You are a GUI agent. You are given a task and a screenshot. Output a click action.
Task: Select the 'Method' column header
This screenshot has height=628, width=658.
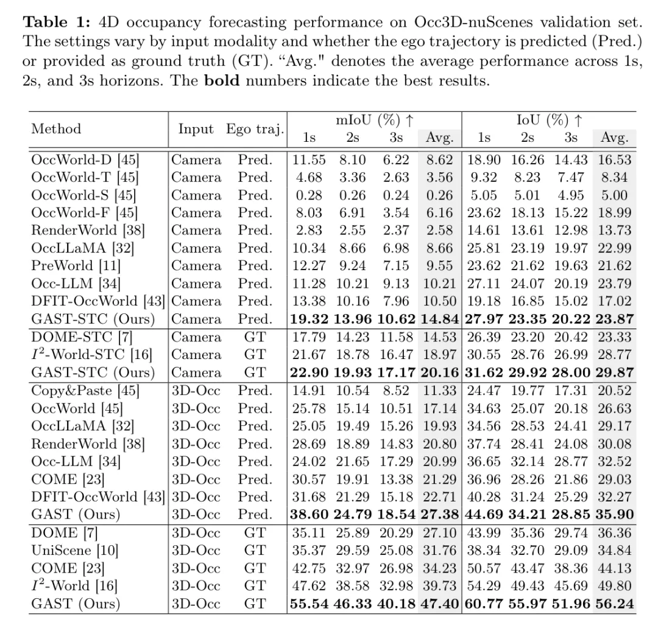click(x=56, y=128)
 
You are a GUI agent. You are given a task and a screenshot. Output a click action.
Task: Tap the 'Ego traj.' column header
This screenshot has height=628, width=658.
click(x=255, y=129)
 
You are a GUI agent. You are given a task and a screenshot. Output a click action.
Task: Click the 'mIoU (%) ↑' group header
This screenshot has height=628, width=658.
click(x=375, y=120)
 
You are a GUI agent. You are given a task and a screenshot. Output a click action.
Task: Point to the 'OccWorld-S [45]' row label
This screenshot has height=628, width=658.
click(x=83, y=195)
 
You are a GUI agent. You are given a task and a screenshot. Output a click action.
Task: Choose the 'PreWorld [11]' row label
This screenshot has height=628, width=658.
click(x=76, y=266)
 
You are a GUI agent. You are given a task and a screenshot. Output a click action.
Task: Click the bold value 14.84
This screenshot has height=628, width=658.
click(x=439, y=319)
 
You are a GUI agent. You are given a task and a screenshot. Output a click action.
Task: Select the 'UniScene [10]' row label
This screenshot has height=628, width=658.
click(x=75, y=551)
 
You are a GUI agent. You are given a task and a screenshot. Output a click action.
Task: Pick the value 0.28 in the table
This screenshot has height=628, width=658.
click(x=309, y=195)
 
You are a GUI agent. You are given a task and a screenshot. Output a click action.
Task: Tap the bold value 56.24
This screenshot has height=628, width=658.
click(x=614, y=604)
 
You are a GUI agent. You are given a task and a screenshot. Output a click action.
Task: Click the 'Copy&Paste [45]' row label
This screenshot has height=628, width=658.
click(x=85, y=391)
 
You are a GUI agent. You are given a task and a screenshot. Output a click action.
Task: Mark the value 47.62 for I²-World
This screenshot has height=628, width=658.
click(x=309, y=585)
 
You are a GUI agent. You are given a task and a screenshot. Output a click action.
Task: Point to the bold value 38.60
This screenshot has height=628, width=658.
click(x=309, y=514)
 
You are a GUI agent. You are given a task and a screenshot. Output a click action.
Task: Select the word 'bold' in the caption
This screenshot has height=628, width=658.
click(x=222, y=80)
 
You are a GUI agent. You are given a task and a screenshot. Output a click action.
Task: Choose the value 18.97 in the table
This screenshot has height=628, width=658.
click(x=439, y=355)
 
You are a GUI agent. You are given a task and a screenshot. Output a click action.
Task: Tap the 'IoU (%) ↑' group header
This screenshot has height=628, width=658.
click(x=549, y=120)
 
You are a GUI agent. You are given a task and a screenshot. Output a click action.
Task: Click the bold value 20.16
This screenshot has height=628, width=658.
click(x=439, y=372)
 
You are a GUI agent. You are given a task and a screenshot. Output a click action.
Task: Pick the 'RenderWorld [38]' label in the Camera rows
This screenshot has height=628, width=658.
click(x=88, y=231)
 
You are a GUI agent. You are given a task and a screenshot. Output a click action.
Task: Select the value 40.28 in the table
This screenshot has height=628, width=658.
click(x=484, y=497)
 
